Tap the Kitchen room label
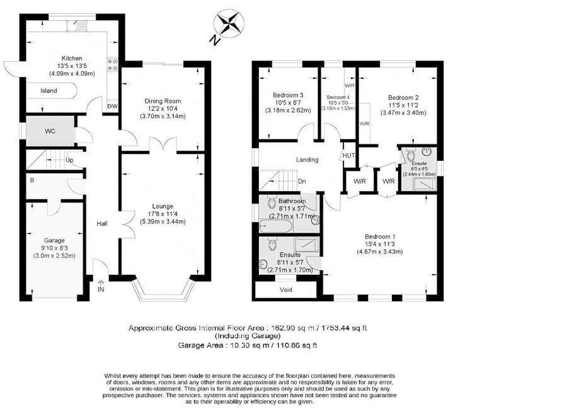pos(67,58)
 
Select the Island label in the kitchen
pos(49,91)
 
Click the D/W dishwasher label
pos(113,105)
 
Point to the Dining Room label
pos(163,101)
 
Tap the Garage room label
pos(54,240)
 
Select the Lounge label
pos(163,206)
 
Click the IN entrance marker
pos(101,289)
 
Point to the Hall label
pos(102,223)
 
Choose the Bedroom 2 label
pos(403,97)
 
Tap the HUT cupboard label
pos(348,155)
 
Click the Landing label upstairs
pos(307,160)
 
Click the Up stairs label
pos(69,161)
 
